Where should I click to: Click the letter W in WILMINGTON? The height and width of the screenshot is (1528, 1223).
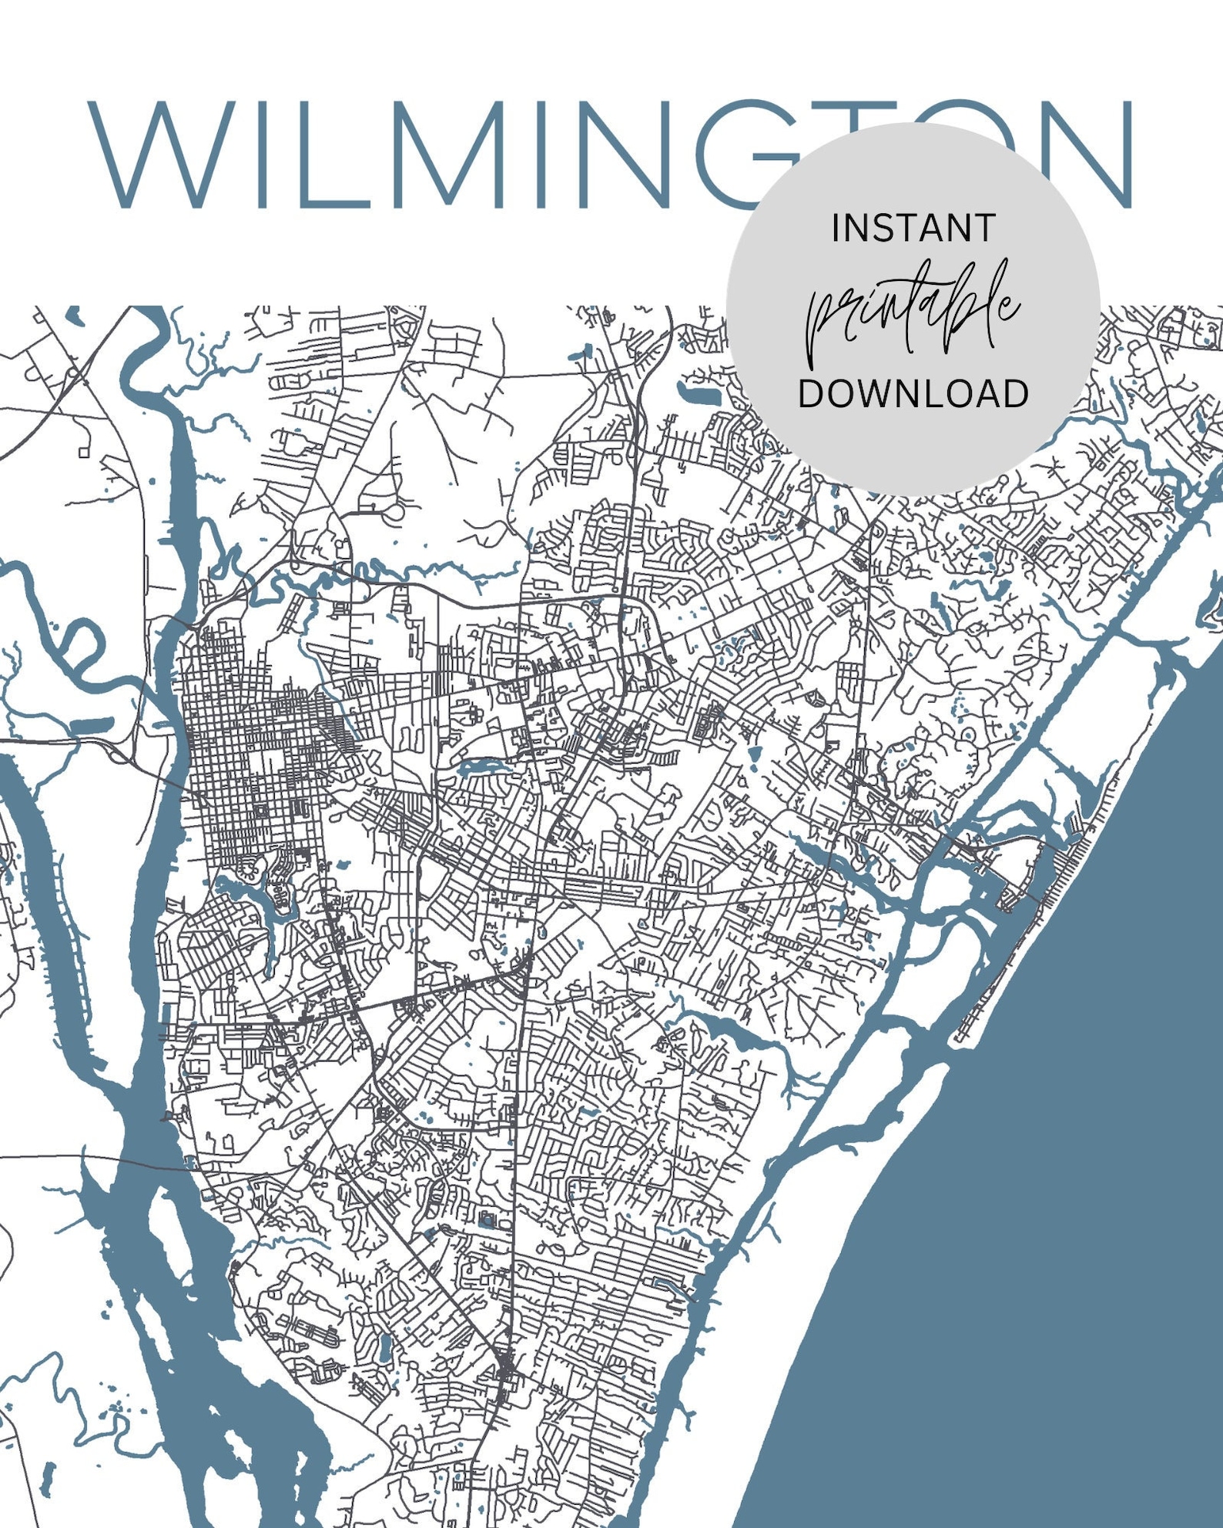click(x=162, y=154)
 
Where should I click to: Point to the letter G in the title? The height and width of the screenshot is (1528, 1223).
click(x=732, y=154)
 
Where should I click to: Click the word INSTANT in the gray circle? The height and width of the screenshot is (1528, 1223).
click(x=913, y=229)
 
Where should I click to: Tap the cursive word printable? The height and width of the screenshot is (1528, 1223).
click(x=913, y=312)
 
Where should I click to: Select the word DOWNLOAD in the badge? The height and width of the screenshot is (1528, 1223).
click(x=913, y=393)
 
